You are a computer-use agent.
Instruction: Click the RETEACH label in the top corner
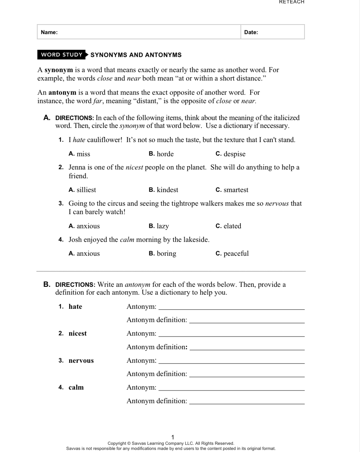pos(292,2)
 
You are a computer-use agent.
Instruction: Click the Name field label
pos(49,32)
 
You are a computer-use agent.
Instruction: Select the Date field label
pos(251,32)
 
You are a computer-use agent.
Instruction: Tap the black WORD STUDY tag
pos(62,55)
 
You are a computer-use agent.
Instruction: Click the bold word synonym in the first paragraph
pos(59,70)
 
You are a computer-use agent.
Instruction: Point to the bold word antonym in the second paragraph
pos(62,93)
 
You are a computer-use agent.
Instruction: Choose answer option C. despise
pos(231,154)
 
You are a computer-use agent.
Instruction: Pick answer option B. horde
pos(161,154)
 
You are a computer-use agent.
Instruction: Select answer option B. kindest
pos(163,190)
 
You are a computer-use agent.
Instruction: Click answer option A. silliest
pos(82,190)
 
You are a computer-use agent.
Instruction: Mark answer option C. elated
pos(228,226)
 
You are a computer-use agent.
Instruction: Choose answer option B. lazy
pos(159,226)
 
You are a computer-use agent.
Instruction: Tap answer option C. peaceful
pos(232,254)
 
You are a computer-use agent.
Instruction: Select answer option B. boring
pos(162,254)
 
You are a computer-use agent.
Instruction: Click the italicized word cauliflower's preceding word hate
pos(79,140)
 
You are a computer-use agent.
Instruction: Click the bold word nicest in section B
pos(78,333)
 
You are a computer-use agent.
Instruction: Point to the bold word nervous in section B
pos(81,361)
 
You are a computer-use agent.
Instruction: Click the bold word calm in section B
pos(76,387)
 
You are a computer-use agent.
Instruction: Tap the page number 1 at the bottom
pos(173,437)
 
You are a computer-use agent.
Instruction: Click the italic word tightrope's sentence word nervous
pos(277,204)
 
